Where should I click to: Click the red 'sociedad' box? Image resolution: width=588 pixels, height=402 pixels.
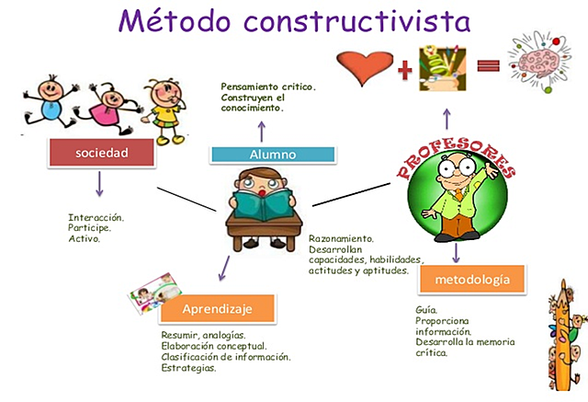[x=101, y=152]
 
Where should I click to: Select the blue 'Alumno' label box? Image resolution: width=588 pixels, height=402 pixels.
[x=260, y=155]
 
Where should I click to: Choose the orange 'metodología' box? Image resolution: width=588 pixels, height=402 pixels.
[x=471, y=279]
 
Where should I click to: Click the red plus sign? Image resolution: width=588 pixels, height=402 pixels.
[x=404, y=67]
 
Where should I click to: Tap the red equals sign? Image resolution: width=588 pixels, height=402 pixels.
[x=488, y=66]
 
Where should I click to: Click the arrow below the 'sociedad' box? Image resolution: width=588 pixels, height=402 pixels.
[x=99, y=186]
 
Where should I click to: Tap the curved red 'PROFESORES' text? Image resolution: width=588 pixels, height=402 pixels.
[x=456, y=156]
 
